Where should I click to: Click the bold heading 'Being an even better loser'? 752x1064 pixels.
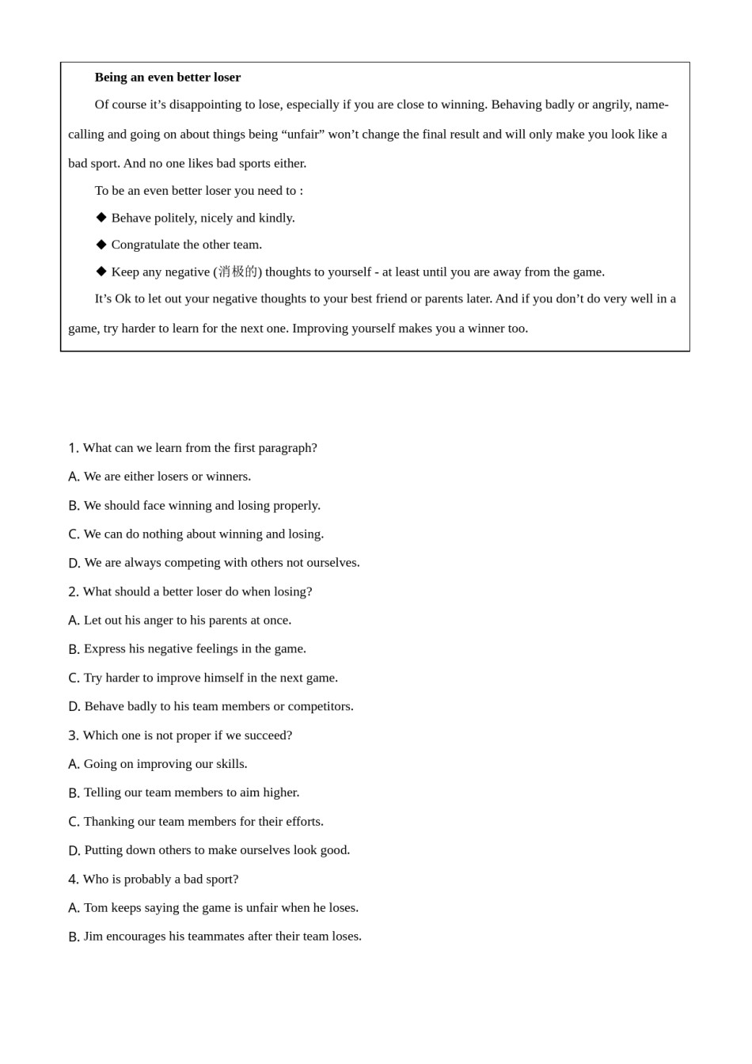tap(167, 77)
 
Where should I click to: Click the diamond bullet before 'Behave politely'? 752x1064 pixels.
tap(101, 217)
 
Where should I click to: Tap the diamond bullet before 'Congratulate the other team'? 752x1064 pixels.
tap(101, 244)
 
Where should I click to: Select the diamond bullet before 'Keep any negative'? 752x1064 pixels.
tap(101, 271)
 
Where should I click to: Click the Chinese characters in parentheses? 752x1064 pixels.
tap(237, 272)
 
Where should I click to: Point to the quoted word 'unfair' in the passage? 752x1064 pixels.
tap(303, 134)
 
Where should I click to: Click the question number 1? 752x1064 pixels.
tap(73, 448)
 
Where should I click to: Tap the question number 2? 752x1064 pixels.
tap(73, 592)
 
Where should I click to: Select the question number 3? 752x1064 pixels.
tap(73, 735)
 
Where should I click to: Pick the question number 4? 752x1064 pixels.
tap(73, 880)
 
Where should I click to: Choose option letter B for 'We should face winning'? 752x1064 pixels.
tap(74, 506)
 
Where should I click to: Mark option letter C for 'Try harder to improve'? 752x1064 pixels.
tap(74, 678)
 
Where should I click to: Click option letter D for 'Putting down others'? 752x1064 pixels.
tap(74, 851)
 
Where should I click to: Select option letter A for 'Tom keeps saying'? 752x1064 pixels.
tap(74, 908)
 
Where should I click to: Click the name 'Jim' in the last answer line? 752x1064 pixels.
tap(93, 936)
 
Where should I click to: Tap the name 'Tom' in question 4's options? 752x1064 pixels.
tap(96, 907)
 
